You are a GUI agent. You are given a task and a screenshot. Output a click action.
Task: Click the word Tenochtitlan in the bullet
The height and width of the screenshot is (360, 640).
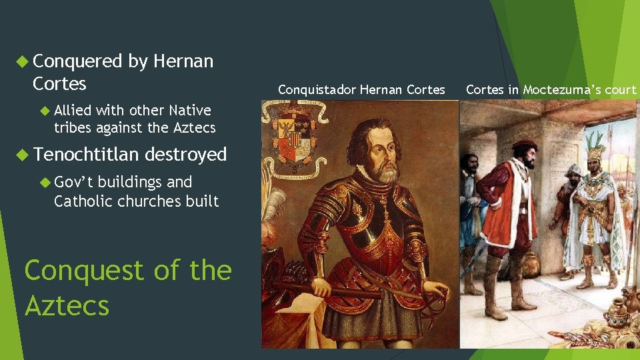tap(86, 155)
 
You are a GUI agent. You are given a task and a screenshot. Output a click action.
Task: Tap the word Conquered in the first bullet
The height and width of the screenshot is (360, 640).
tap(77, 61)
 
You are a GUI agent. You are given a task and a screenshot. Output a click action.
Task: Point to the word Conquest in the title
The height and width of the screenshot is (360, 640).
tap(83, 271)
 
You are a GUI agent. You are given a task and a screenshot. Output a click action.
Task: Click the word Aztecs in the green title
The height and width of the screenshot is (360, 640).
tap(67, 306)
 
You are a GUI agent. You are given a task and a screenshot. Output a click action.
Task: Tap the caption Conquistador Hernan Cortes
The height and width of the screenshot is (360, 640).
tap(361, 89)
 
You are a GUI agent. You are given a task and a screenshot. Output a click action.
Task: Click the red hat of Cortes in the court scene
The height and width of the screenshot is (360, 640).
tap(524, 145)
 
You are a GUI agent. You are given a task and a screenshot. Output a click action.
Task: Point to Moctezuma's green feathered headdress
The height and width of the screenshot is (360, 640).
tap(595, 143)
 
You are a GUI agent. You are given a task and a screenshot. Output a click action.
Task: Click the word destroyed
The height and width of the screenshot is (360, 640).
tap(186, 155)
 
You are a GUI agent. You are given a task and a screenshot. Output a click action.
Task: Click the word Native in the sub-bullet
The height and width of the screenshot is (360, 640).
tap(190, 110)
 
